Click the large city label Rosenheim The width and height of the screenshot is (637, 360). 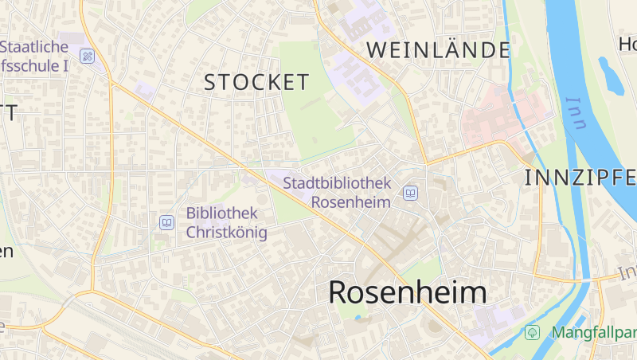point(407,292)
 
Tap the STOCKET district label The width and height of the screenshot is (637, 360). point(256,82)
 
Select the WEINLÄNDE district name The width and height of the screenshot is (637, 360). point(438,50)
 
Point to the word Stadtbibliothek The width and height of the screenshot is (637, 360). point(338,183)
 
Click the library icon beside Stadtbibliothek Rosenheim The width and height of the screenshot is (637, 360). point(410,193)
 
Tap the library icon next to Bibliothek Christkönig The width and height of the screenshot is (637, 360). point(166,223)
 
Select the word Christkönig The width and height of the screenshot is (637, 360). point(227,233)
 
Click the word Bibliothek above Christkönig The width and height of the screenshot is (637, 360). point(222,213)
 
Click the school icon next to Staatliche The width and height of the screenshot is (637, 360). point(87,56)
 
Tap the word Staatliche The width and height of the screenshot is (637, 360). point(35,47)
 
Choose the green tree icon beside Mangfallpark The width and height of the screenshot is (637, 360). point(532,331)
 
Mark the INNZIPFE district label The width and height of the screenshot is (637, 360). point(580,178)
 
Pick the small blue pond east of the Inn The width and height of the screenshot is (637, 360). point(612,76)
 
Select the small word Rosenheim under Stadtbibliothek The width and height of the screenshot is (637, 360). point(350,202)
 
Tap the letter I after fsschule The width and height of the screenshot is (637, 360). point(64,66)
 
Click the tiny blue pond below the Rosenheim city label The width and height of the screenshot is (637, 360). point(358,317)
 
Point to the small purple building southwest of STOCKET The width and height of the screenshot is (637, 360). point(144,90)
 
